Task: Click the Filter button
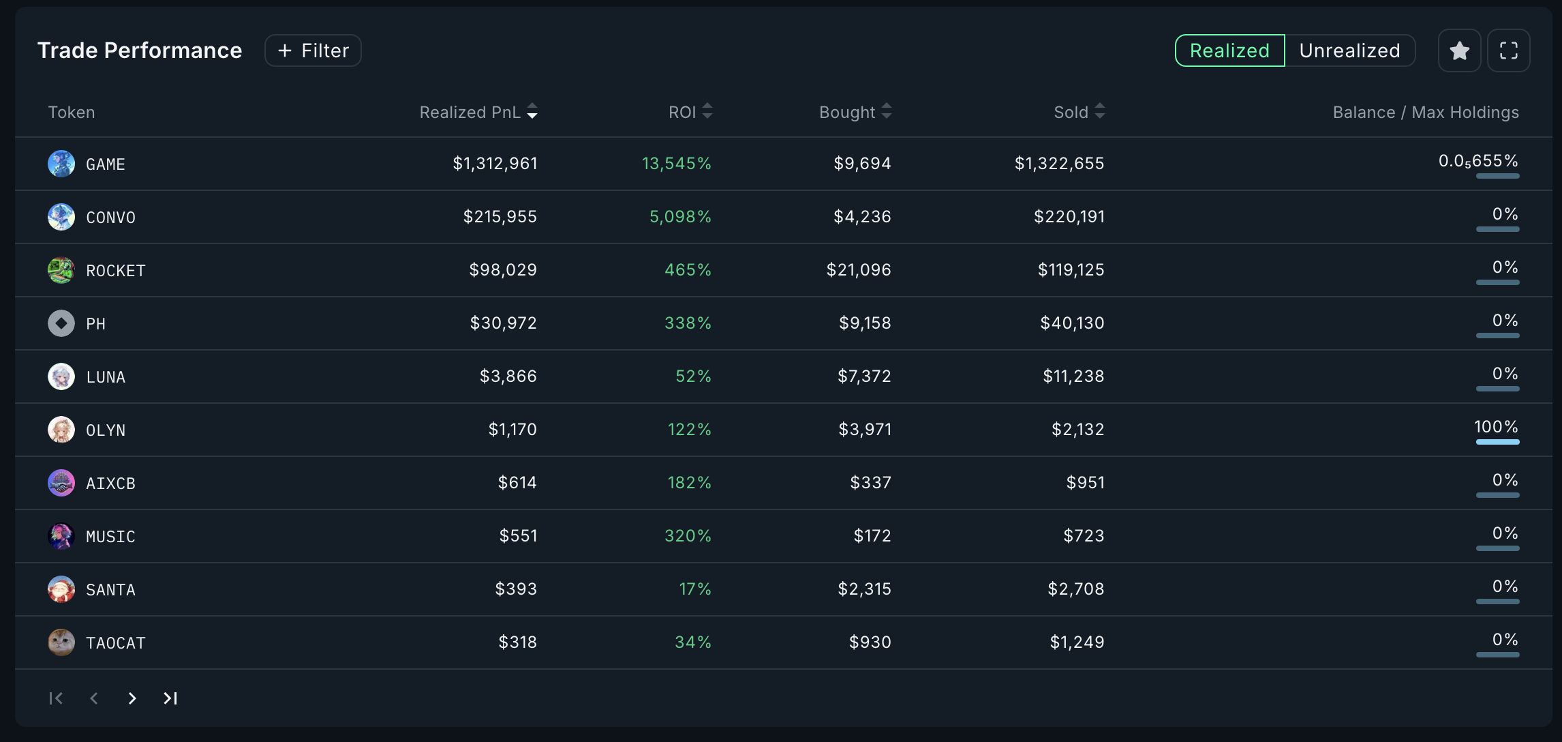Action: [x=313, y=50]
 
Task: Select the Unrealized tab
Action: [x=1349, y=50]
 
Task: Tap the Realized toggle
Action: [x=1229, y=50]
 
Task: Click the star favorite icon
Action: [x=1459, y=50]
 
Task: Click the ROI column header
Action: [x=682, y=112]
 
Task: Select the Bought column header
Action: [x=847, y=112]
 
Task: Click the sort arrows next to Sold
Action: [x=1099, y=111]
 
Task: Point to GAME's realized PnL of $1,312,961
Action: [x=495, y=164]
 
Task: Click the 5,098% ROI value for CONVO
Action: [x=679, y=217]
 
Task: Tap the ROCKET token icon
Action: [x=61, y=270]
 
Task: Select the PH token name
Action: [x=96, y=324]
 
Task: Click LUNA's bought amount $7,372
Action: [x=864, y=376]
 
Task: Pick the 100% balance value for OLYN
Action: [x=1496, y=427]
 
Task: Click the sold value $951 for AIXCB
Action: [x=1085, y=483]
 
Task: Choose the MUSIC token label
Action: [x=110, y=537]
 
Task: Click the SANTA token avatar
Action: [x=61, y=589]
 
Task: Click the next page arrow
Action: [x=132, y=698]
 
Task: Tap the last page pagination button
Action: [x=170, y=698]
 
